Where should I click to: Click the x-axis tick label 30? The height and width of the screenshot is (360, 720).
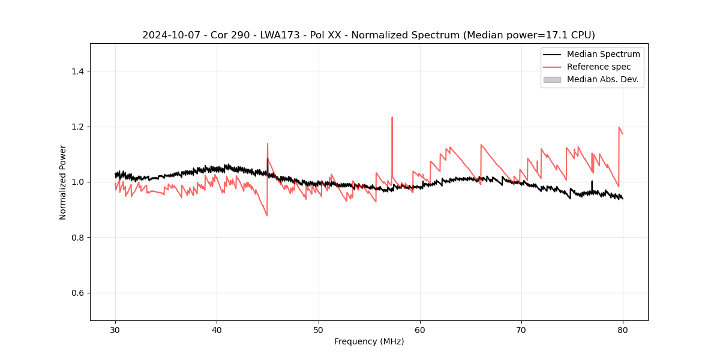pos(115,330)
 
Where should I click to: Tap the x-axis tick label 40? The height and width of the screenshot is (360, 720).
pos(217,330)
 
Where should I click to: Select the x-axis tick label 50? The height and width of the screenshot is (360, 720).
pos(319,330)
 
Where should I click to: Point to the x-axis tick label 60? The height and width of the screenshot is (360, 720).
pos(420,330)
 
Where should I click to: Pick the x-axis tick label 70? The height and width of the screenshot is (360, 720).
pos(521,330)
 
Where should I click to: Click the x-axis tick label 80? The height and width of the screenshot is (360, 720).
pos(623,330)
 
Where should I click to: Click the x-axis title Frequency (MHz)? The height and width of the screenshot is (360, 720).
pos(369,341)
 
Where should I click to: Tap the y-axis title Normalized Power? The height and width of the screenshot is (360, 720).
pos(63,182)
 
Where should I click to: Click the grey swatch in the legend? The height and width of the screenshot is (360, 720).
pos(552,79)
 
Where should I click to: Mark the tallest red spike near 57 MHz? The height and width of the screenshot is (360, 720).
pos(392,118)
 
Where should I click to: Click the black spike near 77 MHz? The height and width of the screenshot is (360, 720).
pos(592,182)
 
